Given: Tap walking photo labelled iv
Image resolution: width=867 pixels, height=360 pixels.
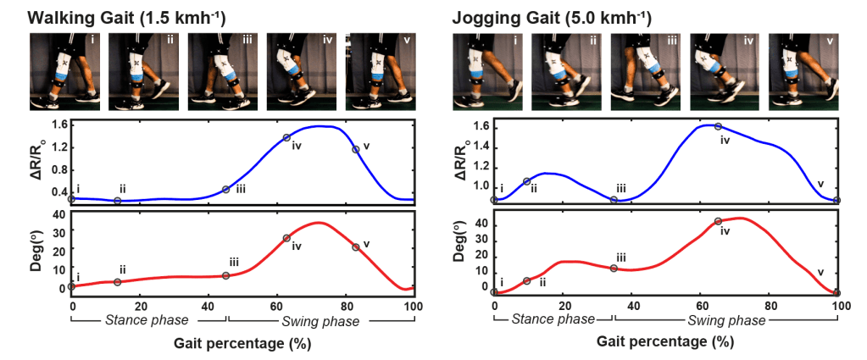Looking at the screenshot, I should [x=298, y=71].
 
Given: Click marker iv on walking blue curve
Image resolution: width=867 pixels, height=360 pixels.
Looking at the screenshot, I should [x=286, y=137].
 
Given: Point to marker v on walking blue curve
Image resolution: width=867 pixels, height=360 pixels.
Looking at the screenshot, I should [x=356, y=149].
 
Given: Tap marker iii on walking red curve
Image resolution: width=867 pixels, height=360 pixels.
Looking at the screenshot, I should [x=225, y=275].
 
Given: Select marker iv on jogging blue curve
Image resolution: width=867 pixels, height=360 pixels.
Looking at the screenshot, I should [x=718, y=126].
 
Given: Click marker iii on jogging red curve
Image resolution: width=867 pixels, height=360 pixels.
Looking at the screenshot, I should [x=614, y=268].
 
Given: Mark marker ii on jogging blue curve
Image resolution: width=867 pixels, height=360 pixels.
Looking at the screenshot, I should [x=527, y=181].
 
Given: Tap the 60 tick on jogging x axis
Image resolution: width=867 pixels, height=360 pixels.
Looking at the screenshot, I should [x=700, y=303].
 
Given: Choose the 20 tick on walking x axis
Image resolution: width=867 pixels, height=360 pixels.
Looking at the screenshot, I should [x=141, y=303].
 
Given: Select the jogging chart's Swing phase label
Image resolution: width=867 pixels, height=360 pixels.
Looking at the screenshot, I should [x=725, y=320].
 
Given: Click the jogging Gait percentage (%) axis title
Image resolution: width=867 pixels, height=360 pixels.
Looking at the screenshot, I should [x=666, y=342].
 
